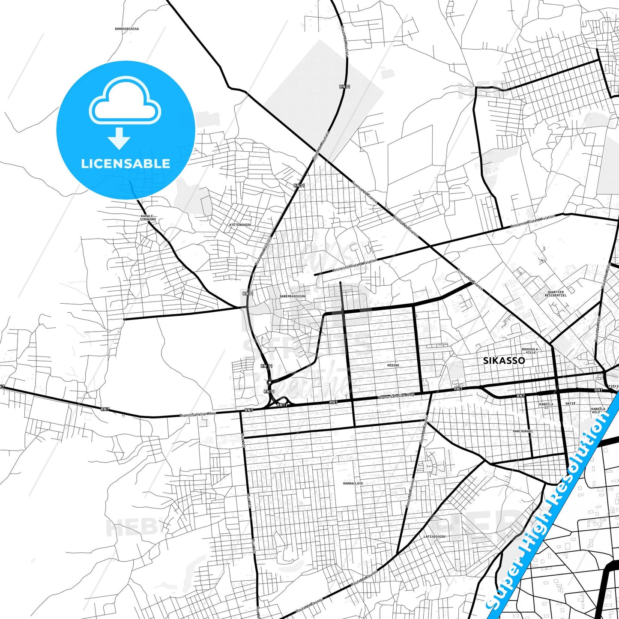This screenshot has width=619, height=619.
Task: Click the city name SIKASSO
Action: [x=504, y=360]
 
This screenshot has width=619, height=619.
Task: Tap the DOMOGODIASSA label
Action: [x=127, y=29]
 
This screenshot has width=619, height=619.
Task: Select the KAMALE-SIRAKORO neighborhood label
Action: [x=148, y=218]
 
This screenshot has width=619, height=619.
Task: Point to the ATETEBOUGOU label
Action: [x=240, y=224]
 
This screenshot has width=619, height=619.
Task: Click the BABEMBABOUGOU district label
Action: [x=293, y=296]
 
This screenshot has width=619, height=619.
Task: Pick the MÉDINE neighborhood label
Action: [x=393, y=365]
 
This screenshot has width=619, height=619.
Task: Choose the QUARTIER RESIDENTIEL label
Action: [x=556, y=293]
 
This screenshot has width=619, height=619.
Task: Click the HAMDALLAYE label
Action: [x=353, y=483]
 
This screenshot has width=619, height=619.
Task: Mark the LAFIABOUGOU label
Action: [x=434, y=536]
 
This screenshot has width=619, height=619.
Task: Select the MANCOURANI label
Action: [x=523, y=431]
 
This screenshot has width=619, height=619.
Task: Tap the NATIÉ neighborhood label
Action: [x=571, y=403]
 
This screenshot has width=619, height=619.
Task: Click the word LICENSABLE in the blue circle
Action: [x=126, y=163]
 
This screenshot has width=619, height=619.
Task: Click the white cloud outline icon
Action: [x=125, y=101]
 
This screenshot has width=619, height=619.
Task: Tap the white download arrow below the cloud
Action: [x=119, y=138]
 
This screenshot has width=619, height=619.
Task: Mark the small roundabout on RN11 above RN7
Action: [x=269, y=382]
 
